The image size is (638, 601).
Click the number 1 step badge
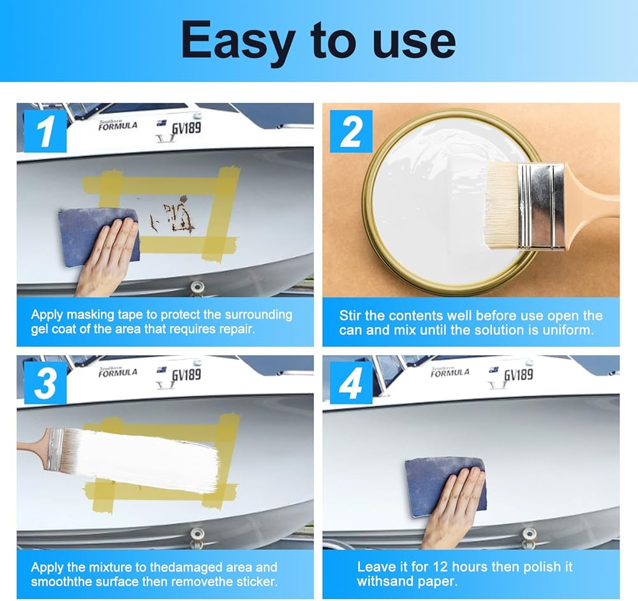click(x=45, y=131)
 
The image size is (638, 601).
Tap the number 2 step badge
click(x=351, y=131)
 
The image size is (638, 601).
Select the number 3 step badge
click(x=45, y=383)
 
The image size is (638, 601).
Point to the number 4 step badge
click(x=351, y=383)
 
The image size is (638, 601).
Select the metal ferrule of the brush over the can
click(x=541, y=206)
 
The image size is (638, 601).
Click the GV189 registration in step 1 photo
click(x=186, y=128)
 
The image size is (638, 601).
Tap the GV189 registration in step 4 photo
click(x=518, y=374)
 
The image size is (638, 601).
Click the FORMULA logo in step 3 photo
click(x=117, y=373)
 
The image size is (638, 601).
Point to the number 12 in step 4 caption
click(x=440, y=567)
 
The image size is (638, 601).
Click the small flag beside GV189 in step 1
click(x=161, y=123)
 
